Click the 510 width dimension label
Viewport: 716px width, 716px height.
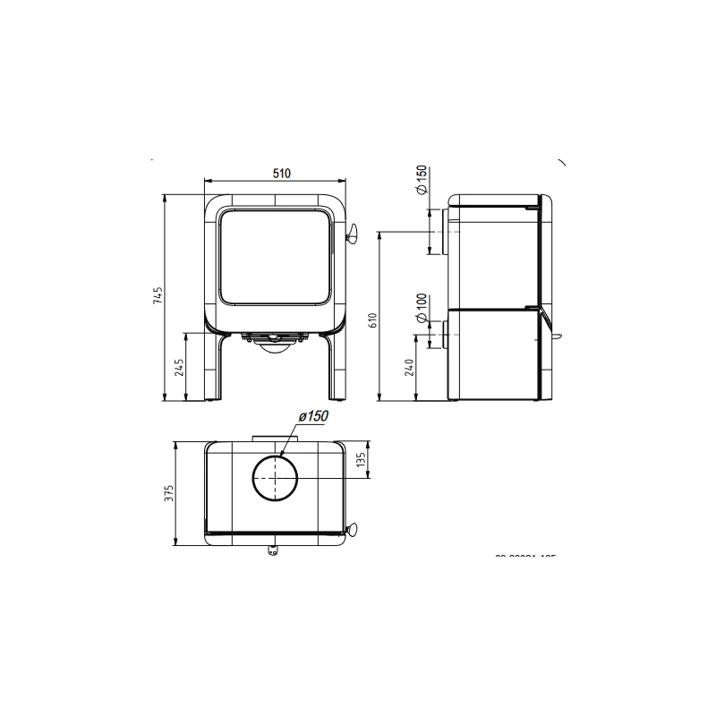pyautogui.click(x=281, y=175)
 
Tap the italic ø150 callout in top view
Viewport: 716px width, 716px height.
pyautogui.click(x=314, y=415)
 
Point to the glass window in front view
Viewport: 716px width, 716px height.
pyautogui.click(x=275, y=257)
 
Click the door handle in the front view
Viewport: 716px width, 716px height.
pyautogui.click(x=352, y=234)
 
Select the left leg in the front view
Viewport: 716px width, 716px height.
pyautogui.click(x=215, y=367)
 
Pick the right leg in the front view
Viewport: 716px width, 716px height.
pyautogui.click(x=335, y=367)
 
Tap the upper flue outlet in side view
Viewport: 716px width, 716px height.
pyautogui.click(x=439, y=231)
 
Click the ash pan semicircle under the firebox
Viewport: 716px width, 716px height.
pyautogui.click(x=274, y=348)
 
